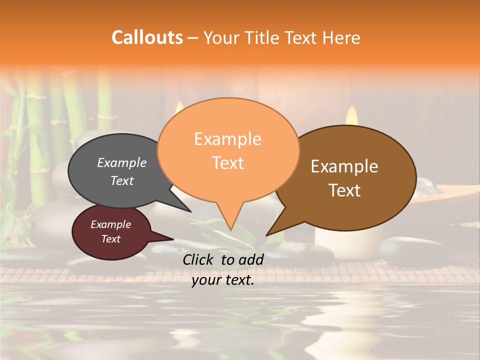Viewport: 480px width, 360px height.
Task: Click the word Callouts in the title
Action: pyautogui.click(x=147, y=37)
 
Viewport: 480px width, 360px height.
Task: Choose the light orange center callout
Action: pyautogui.click(x=228, y=150)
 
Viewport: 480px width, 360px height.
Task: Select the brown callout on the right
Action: pyautogui.click(x=350, y=177)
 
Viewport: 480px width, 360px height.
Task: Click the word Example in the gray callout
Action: pyautogui.click(x=121, y=162)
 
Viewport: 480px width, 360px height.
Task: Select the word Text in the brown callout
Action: pyautogui.click(x=345, y=190)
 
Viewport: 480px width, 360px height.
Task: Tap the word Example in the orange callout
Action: pyautogui.click(x=227, y=138)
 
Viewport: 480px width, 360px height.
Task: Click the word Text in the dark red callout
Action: pyautogui.click(x=110, y=239)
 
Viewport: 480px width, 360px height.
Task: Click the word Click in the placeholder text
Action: pyautogui.click(x=198, y=259)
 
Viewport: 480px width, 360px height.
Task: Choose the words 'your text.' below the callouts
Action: pyautogui.click(x=222, y=280)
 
